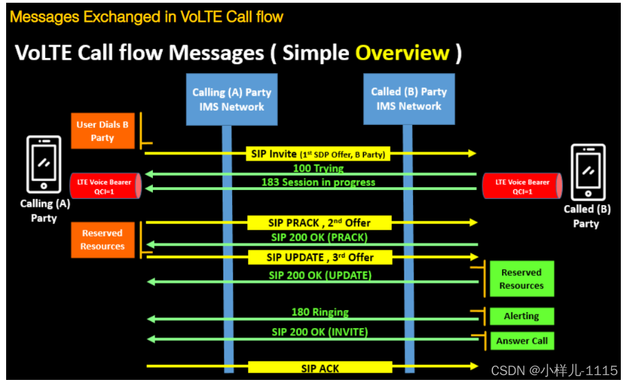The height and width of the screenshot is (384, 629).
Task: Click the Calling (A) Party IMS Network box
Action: pos(232,99)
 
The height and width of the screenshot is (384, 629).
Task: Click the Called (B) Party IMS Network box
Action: pos(408,99)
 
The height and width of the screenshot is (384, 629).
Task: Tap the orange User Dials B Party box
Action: pos(102,131)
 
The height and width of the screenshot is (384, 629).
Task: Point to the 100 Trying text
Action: pos(318,168)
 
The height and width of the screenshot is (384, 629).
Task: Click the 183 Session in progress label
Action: pos(318,182)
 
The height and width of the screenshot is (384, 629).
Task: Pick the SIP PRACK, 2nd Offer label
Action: pos(320,223)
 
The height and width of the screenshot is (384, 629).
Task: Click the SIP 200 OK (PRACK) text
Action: pos(319,237)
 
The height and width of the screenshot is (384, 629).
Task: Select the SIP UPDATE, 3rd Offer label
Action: pos(320,258)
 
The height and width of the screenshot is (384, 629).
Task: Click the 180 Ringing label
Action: pos(320,312)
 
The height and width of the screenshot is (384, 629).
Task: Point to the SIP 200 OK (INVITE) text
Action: pos(319,332)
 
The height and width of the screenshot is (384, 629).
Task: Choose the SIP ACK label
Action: pos(320,368)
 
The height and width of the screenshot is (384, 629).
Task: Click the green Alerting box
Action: pos(521,316)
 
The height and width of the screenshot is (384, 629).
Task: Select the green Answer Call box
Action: pos(521,341)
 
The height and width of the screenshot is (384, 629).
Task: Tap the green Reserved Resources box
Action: pos(521,279)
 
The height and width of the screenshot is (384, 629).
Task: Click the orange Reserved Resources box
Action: pos(102,240)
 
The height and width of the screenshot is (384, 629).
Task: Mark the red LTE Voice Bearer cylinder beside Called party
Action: pos(522,187)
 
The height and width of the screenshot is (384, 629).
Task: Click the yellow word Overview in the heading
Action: pos(402,53)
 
